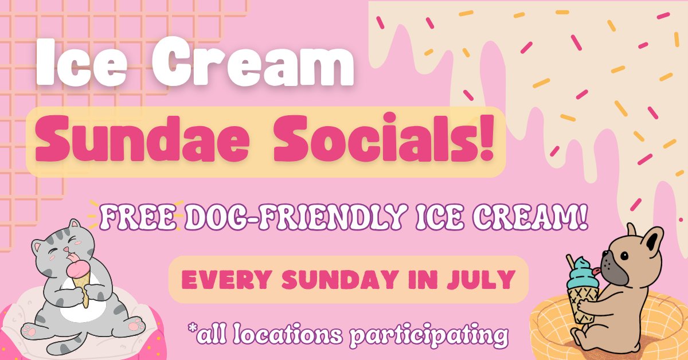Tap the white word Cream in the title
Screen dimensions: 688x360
tap(253, 61)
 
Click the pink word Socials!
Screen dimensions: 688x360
tap(384, 138)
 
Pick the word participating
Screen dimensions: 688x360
tap(429, 335)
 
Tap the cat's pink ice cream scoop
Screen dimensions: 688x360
tap(79, 269)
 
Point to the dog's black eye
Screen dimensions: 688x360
tap(624, 256)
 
